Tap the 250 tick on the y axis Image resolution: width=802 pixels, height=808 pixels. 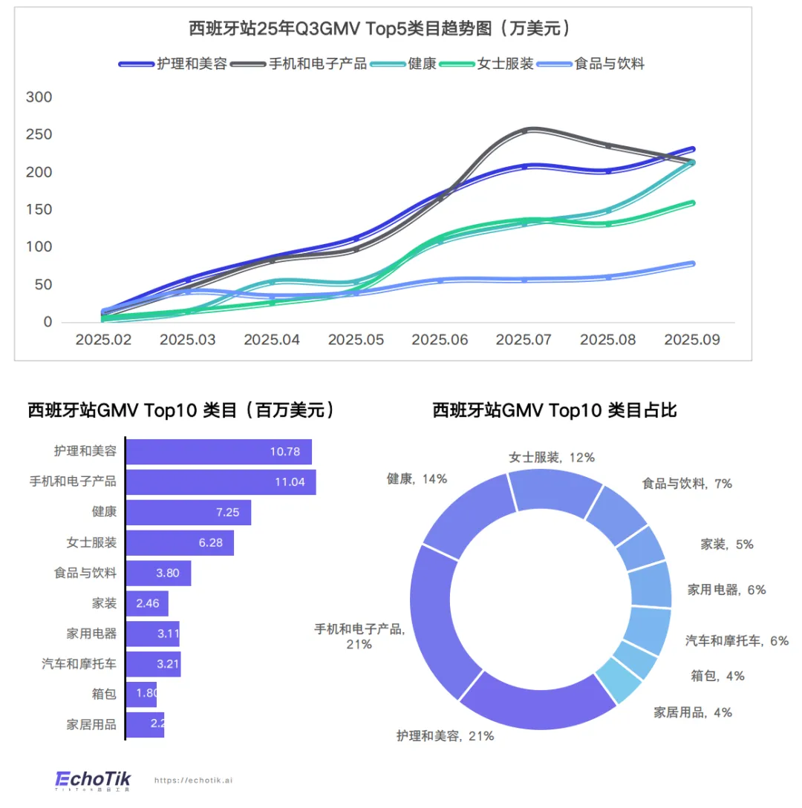click(39, 134)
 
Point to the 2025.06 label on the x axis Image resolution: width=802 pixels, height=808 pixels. click(440, 339)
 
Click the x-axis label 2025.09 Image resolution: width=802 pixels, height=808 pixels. click(692, 339)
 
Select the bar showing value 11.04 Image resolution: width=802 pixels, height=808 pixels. click(221, 482)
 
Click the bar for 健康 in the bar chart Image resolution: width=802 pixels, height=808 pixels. click(189, 513)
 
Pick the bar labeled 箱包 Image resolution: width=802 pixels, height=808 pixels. click(141, 694)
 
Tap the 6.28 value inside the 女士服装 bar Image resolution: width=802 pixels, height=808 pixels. click(210, 543)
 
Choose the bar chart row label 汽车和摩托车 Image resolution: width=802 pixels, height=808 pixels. click(79, 664)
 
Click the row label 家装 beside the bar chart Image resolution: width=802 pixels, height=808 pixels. click(104, 603)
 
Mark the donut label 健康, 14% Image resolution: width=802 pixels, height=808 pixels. click(417, 479)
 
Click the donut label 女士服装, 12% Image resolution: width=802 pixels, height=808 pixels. click(551, 457)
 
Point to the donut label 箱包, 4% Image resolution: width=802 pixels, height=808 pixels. click(717, 676)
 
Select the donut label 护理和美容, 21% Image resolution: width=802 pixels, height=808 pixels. click(445, 736)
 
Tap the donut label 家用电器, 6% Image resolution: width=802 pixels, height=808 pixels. click(726, 590)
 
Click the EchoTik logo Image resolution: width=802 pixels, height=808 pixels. click(93, 779)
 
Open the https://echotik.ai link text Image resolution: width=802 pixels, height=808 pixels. click(193, 781)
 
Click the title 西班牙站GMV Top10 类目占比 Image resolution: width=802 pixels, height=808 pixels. click(555, 410)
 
